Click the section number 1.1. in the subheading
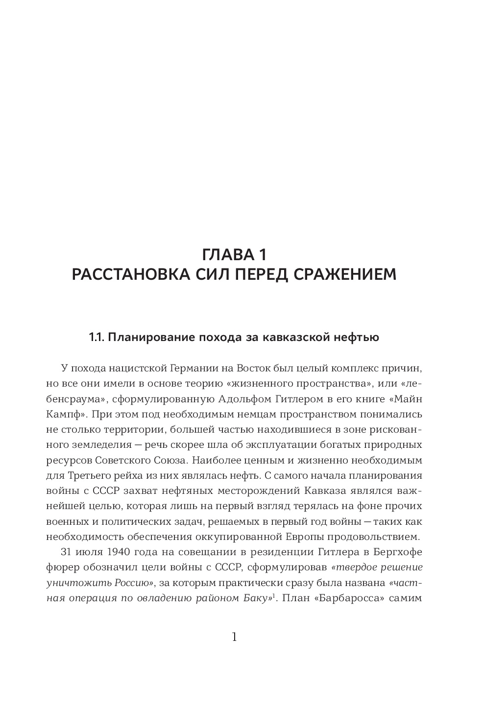point(96,338)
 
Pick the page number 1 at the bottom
point(234,637)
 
